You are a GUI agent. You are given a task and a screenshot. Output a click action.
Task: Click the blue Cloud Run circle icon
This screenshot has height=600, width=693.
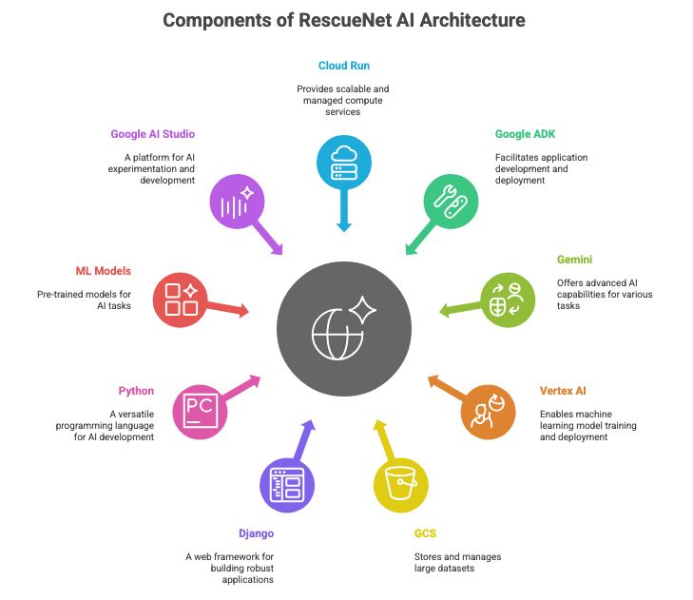[x=344, y=164]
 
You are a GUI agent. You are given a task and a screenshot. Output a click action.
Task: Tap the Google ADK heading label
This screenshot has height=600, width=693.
[x=526, y=135]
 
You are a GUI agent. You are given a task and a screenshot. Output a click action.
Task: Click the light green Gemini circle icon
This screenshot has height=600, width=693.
[x=508, y=300]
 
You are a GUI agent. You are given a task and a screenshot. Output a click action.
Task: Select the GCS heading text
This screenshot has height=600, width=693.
[x=425, y=533]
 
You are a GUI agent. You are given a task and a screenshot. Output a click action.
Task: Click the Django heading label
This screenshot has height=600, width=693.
[x=255, y=533]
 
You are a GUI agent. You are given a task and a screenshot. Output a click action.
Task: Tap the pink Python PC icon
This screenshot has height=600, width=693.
[x=200, y=411]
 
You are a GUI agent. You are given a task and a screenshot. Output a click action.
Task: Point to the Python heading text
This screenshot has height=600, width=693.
[x=136, y=391]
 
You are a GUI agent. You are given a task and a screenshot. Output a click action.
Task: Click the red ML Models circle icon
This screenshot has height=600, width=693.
[x=181, y=300]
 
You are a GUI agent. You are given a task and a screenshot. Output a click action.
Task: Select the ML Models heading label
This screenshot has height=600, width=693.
[x=104, y=271]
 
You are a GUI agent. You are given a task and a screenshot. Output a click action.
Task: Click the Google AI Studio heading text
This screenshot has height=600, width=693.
[x=152, y=135]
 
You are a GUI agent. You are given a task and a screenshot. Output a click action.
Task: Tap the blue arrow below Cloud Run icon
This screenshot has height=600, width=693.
[x=344, y=215]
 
